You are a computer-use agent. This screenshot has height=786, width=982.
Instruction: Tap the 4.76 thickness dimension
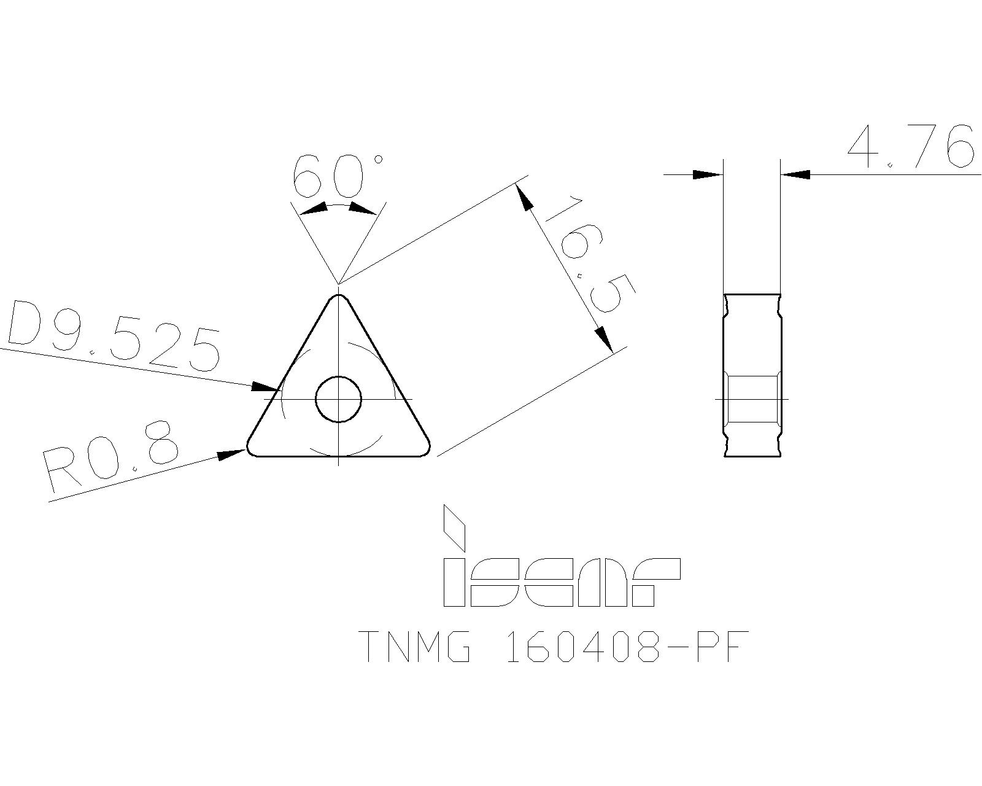(910, 148)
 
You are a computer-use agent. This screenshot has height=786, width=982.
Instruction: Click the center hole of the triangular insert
(338, 399)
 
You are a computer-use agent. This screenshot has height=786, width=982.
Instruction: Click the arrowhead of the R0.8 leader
(233, 454)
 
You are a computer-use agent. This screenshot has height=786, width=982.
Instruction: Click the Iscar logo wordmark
(562, 582)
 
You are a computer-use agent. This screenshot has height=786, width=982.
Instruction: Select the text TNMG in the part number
(415, 646)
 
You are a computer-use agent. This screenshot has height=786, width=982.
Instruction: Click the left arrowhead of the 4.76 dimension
(707, 174)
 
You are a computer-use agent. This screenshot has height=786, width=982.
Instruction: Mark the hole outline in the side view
(752, 399)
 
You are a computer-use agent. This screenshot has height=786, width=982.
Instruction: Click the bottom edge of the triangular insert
(338, 456)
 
